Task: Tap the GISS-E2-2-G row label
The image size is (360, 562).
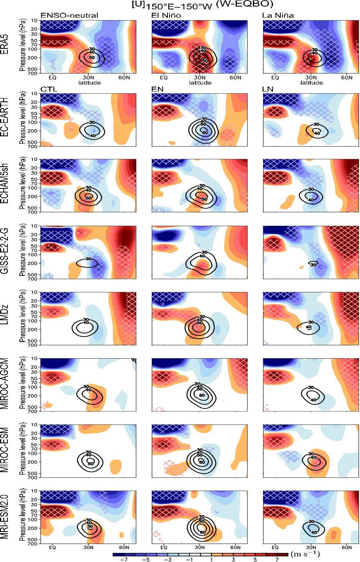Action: click(x=6, y=252)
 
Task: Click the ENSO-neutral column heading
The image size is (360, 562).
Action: click(x=69, y=16)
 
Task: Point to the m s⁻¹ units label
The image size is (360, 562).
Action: click(x=305, y=554)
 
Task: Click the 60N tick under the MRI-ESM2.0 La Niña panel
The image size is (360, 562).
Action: click(x=347, y=547)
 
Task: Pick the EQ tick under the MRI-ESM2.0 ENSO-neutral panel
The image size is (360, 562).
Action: click(x=53, y=547)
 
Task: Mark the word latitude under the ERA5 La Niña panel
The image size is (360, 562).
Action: click(x=311, y=83)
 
